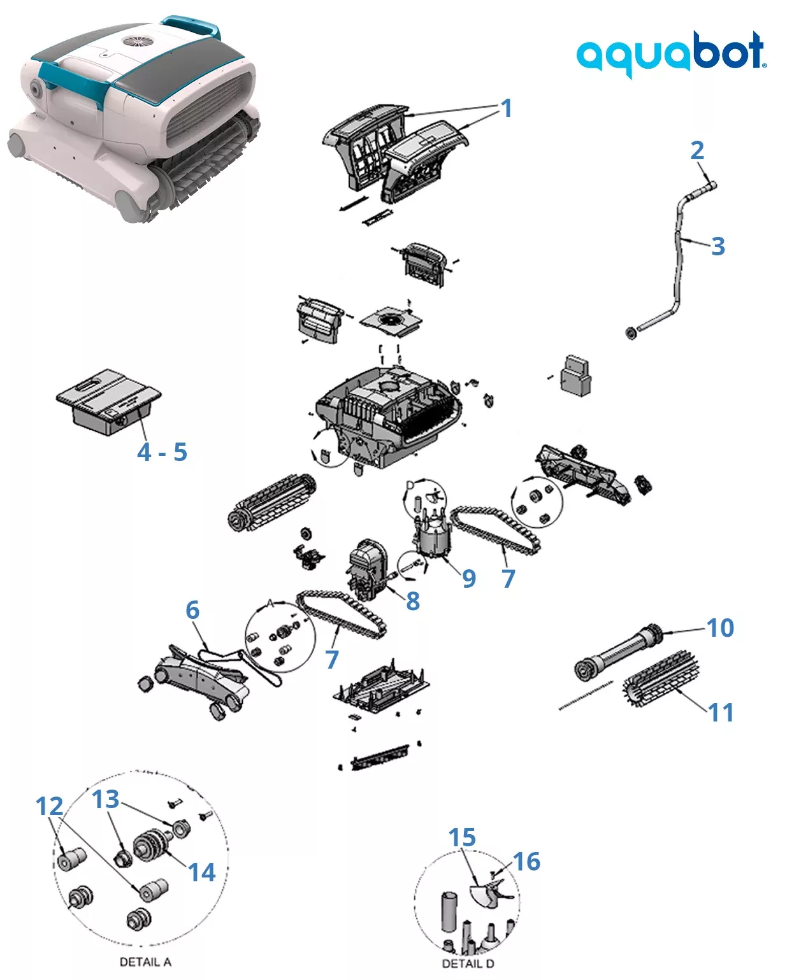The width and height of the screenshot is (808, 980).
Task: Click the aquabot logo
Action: [x=671, y=53]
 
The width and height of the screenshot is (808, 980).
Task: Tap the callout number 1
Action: [x=506, y=108]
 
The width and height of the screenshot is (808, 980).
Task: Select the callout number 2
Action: [x=697, y=150]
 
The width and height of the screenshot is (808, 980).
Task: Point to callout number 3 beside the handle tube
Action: [x=718, y=246]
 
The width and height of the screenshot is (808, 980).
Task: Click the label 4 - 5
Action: [x=162, y=452]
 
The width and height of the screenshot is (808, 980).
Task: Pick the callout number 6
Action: [x=192, y=610]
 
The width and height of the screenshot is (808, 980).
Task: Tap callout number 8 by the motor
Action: [x=413, y=600]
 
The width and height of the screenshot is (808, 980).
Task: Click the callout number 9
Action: [x=469, y=578]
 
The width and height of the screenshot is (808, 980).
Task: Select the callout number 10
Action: [x=721, y=628]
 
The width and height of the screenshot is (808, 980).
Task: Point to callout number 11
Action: [x=721, y=712]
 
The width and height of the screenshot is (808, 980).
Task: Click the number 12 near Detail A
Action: [x=50, y=806]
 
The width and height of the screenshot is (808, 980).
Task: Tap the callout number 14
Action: [x=202, y=872]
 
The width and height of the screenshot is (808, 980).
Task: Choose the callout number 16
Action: [x=527, y=862]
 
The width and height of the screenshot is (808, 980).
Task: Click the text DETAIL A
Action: [x=145, y=962]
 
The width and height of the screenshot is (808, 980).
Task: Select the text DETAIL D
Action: [x=468, y=963]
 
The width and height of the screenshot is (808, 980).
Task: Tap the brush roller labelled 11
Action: [x=661, y=678]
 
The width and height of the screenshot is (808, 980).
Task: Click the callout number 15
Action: [x=462, y=838]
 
